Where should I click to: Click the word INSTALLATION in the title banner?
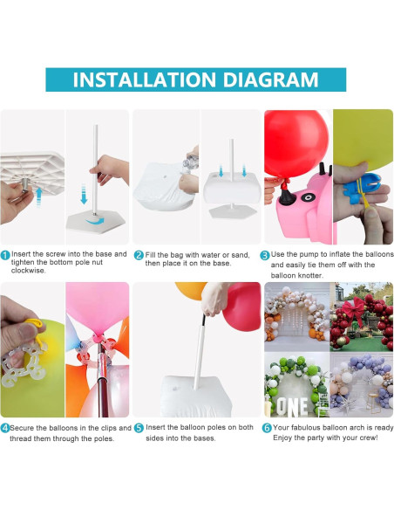(145, 79)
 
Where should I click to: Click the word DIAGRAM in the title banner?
(271, 79)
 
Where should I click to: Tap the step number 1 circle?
(5, 255)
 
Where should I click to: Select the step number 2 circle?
(139, 255)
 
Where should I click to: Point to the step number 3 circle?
(265, 256)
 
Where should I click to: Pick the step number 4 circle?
(5, 428)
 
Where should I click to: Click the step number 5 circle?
(139, 428)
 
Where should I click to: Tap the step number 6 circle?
(267, 428)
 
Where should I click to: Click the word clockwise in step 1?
(28, 271)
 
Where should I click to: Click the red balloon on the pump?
(296, 144)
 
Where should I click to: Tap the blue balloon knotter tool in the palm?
(362, 186)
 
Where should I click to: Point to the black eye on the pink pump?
(306, 197)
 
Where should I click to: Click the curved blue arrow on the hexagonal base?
(94, 222)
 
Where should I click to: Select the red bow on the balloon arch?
(353, 309)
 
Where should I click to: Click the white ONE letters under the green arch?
(292, 407)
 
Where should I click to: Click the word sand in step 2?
(241, 255)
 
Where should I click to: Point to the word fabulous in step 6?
(306, 427)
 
